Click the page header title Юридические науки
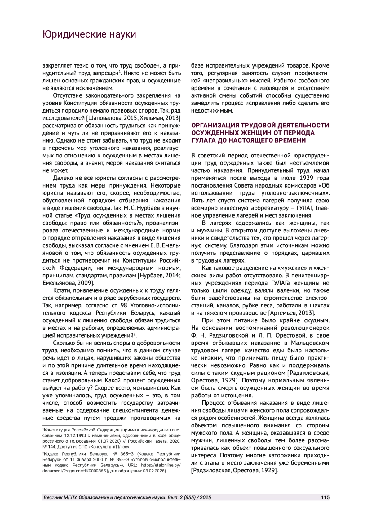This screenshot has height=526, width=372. click(x=89, y=34)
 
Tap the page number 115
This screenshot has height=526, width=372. click(x=325, y=498)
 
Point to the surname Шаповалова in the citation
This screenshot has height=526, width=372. click(x=104, y=118)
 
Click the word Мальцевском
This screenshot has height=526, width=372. click(x=310, y=343)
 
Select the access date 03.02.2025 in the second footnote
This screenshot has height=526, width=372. click(x=154, y=471)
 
